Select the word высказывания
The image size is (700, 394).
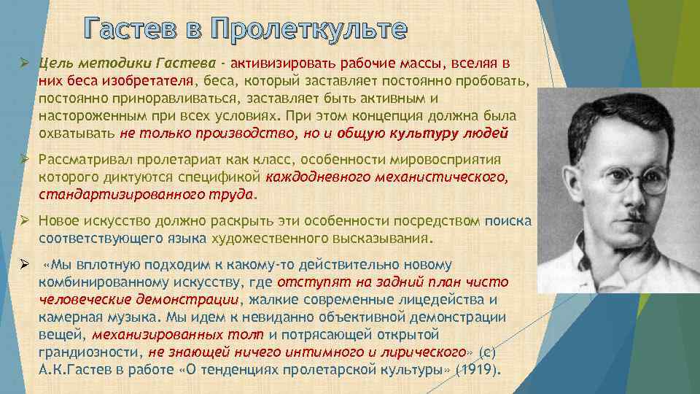coord(389,239)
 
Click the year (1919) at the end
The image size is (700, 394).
coord(478,370)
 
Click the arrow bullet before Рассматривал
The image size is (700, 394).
coord(24,160)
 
